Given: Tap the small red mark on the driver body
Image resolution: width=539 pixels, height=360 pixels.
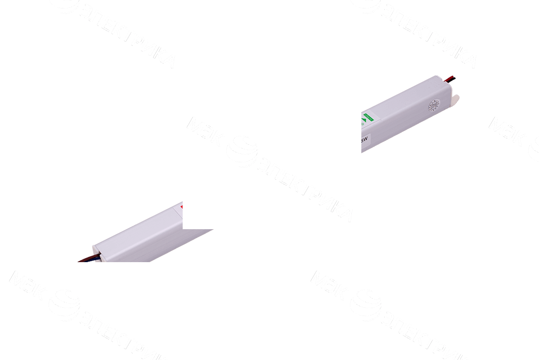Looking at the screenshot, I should [182, 206].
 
